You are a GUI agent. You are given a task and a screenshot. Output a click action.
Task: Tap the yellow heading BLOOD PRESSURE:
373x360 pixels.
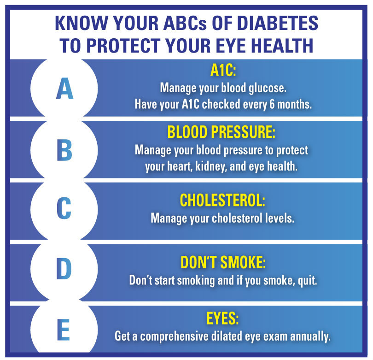pos(221,132)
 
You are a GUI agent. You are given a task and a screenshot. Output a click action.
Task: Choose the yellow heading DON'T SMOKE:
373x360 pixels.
pos(223,262)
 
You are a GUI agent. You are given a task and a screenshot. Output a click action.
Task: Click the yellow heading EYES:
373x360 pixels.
pos(223,319)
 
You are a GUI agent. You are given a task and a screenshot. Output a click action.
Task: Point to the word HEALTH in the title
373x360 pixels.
pos(278,45)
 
